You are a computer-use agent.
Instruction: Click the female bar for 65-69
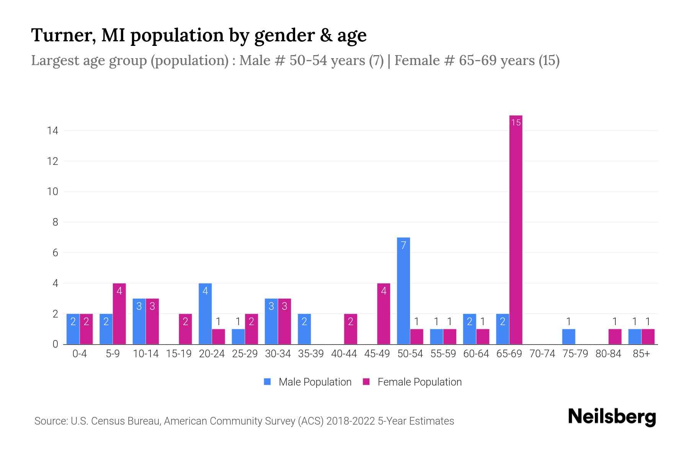click(x=516, y=229)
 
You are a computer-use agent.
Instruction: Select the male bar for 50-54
click(x=403, y=291)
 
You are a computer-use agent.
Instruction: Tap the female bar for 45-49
click(x=384, y=314)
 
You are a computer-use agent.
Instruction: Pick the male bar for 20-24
click(x=205, y=314)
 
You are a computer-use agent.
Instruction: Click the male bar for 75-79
click(x=568, y=337)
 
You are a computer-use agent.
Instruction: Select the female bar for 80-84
click(x=615, y=337)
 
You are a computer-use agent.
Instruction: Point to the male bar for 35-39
click(x=304, y=329)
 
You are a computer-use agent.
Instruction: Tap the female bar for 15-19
click(x=185, y=329)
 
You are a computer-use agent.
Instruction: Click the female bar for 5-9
click(x=119, y=314)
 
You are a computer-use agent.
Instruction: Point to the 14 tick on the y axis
click(x=52, y=131)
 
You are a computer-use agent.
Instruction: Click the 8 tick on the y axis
click(x=55, y=222)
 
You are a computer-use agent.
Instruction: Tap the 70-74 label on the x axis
click(x=542, y=354)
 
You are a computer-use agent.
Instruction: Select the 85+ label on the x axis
click(x=641, y=354)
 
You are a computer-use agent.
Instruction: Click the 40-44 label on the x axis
click(x=344, y=354)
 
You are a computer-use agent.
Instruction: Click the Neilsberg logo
click(x=612, y=417)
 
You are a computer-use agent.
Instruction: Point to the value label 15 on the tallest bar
click(x=516, y=122)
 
